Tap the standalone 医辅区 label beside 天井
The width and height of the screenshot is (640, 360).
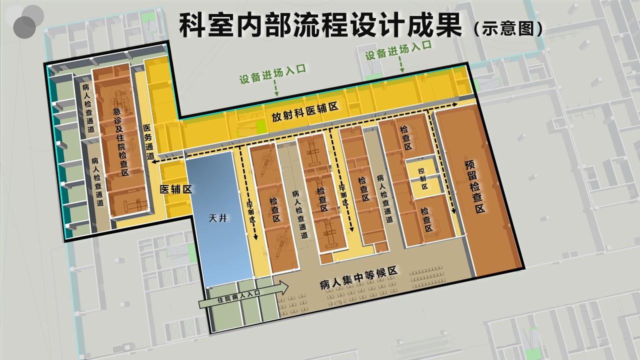point(175,189)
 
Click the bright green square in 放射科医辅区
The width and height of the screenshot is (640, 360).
point(261,127)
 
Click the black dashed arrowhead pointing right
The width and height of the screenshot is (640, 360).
point(455,104)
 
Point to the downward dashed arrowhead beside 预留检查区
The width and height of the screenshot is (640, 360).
point(453,211)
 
